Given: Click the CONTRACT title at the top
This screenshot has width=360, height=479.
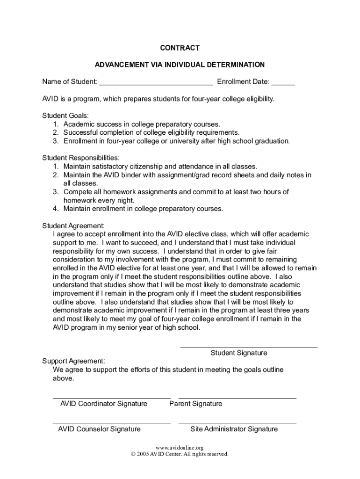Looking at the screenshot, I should pos(180,48).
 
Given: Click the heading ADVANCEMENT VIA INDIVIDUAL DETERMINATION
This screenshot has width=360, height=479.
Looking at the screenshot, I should pos(180,65).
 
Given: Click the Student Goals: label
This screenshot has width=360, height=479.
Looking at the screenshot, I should pos(65,116).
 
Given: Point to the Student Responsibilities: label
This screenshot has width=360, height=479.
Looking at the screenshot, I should pos(81,158).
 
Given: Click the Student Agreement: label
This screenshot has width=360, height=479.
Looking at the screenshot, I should pos(73,225).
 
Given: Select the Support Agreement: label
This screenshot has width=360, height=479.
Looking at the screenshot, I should pos(73,361).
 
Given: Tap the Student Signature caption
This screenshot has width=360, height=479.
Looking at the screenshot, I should pos(239,353).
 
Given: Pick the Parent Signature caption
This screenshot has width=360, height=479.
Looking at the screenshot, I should pos(195,404).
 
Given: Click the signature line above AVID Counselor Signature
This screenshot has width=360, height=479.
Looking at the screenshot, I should pos(112,423).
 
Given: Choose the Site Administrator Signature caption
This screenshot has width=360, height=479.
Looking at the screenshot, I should pos(234,429).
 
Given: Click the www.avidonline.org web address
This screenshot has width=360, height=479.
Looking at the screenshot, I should pos(180,448).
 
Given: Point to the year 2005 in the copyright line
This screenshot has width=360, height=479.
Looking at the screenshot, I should pos(143,454).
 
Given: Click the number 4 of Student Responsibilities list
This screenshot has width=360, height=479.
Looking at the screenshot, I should pos(55,209).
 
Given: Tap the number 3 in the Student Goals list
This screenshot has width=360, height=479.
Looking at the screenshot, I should pos(55,141).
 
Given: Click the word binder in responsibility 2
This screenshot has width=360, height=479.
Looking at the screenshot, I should pos(122,175).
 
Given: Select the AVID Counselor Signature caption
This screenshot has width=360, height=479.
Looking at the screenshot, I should pos(99,429).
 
